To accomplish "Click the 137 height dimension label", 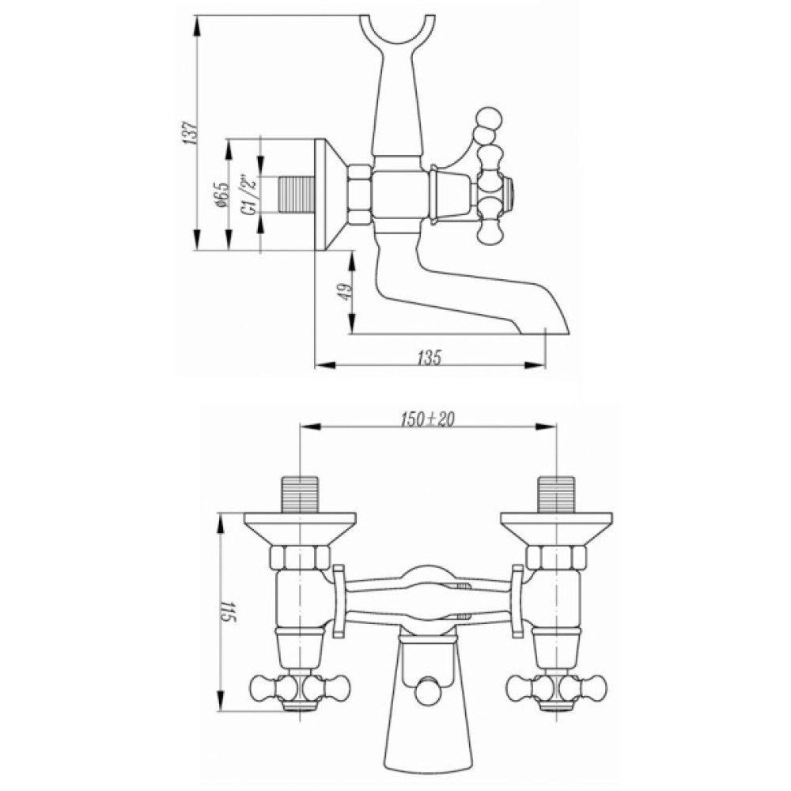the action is tap(190, 133).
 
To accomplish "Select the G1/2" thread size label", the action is tap(250, 195).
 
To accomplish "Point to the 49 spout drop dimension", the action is tap(346, 292).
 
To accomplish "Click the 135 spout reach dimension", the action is tap(430, 358).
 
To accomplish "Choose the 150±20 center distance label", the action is tap(428, 419).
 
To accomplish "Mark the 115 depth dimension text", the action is tap(229, 611).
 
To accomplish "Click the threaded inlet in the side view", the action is tap(297, 195).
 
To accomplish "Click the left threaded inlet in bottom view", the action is tap(301, 494).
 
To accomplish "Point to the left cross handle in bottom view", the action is tap(300, 687).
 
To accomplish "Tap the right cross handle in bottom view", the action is tap(556, 687).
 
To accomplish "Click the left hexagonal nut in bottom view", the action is tap(300, 558).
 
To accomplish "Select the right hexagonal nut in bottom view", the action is tap(556, 558).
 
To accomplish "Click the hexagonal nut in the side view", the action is tap(360, 195).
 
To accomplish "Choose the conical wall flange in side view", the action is tap(331, 195).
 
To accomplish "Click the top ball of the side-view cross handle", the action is tap(490, 118).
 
